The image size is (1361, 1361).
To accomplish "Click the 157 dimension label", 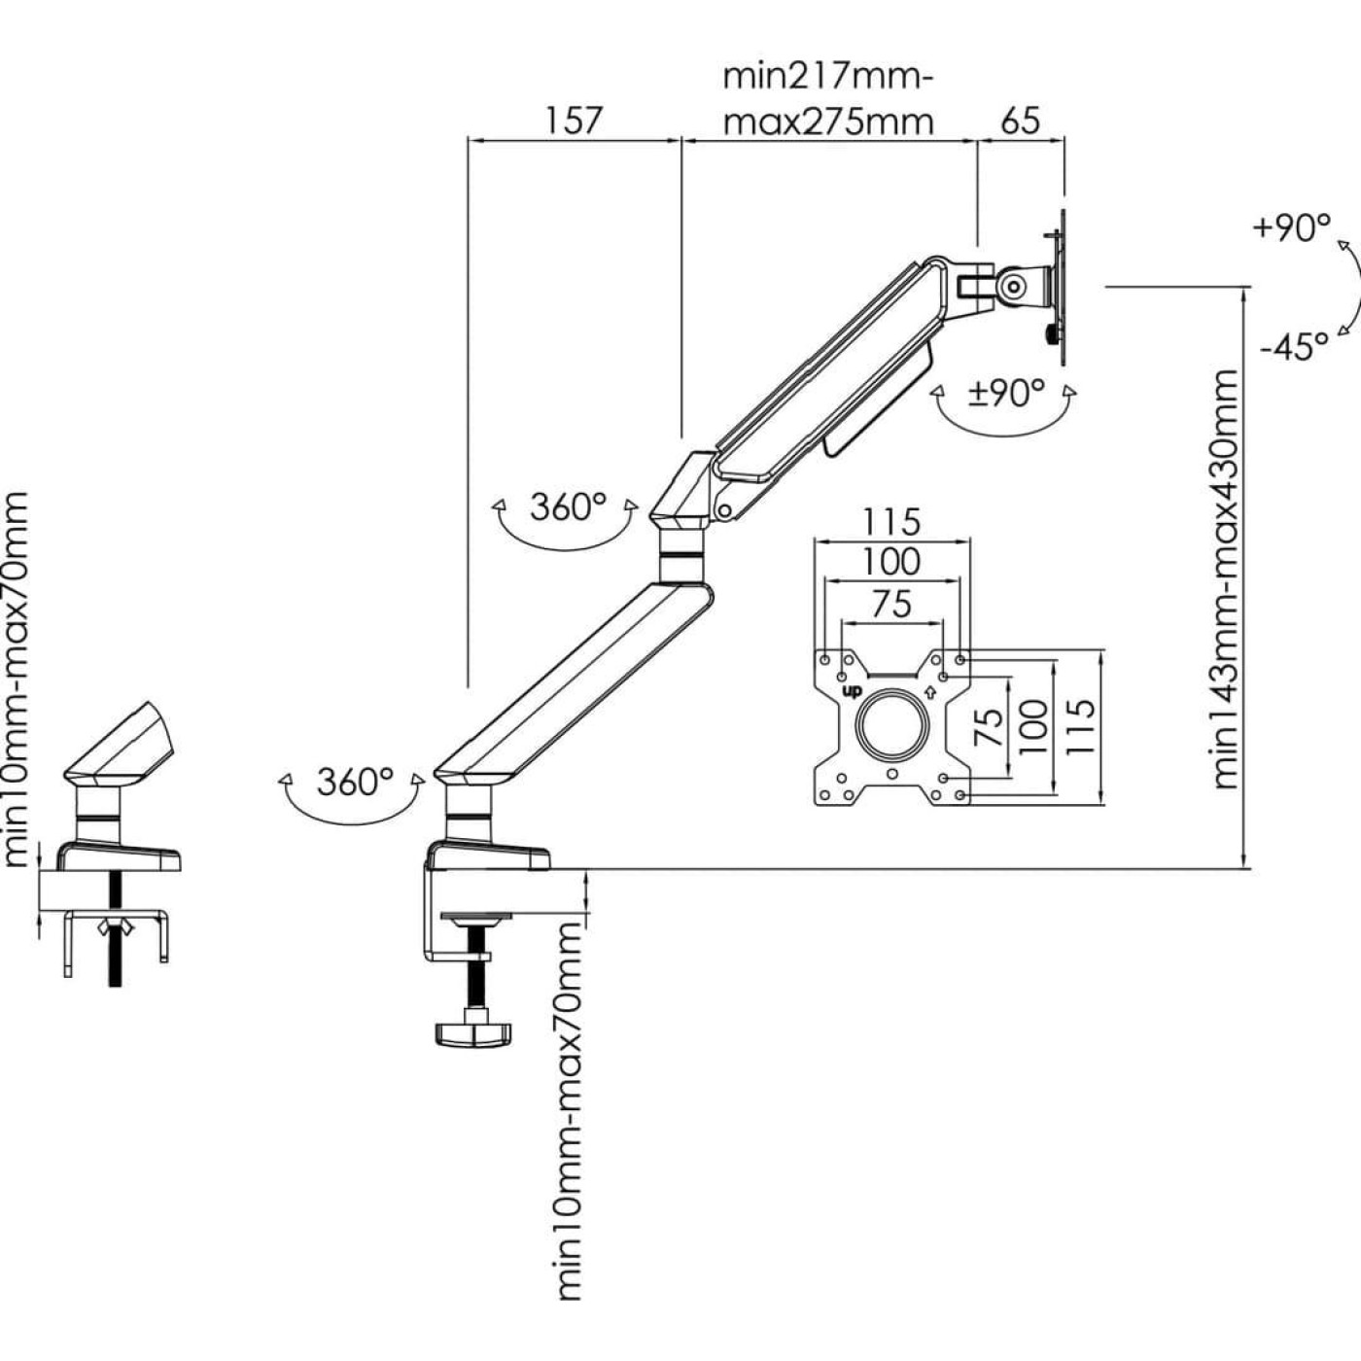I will pyautogui.click(x=574, y=121).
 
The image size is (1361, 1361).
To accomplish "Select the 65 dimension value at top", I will pyautogui.click(x=1020, y=121).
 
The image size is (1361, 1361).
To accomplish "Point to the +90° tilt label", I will pyautogui.click(x=1292, y=228).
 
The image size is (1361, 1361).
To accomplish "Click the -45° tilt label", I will pyautogui.click(x=1294, y=346).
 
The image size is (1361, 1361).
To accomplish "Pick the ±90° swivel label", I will pyautogui.click(x=1005, y=393).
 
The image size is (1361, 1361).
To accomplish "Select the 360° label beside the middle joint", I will pyautogui.click(x=568, y=506).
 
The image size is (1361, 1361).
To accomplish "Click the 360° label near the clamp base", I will pyautogui.click(x=354, y=782).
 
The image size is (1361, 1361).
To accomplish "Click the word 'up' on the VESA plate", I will pyautogui.click(x=852, y=691).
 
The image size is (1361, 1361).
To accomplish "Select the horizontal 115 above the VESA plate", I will pyautogui.click(x=891, y=523).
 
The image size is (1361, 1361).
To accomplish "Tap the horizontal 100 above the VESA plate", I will pyautogui.click(x=891, y=562).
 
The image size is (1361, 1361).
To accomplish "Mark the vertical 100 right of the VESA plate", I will pyautogui.click(x=1032, y=726).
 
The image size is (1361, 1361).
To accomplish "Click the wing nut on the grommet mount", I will pyautogui.click(x=116, y=925).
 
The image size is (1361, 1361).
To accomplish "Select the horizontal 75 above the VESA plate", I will pyautogui.click(x=891, y=604).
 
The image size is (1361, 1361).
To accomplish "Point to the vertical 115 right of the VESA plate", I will pyautogui.click(x=1079, y=726).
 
